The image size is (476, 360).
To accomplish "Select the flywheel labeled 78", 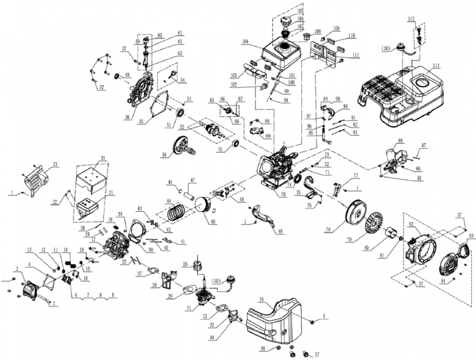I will tap(355, 213).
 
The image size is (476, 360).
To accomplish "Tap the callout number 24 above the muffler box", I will tap(103, 158).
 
